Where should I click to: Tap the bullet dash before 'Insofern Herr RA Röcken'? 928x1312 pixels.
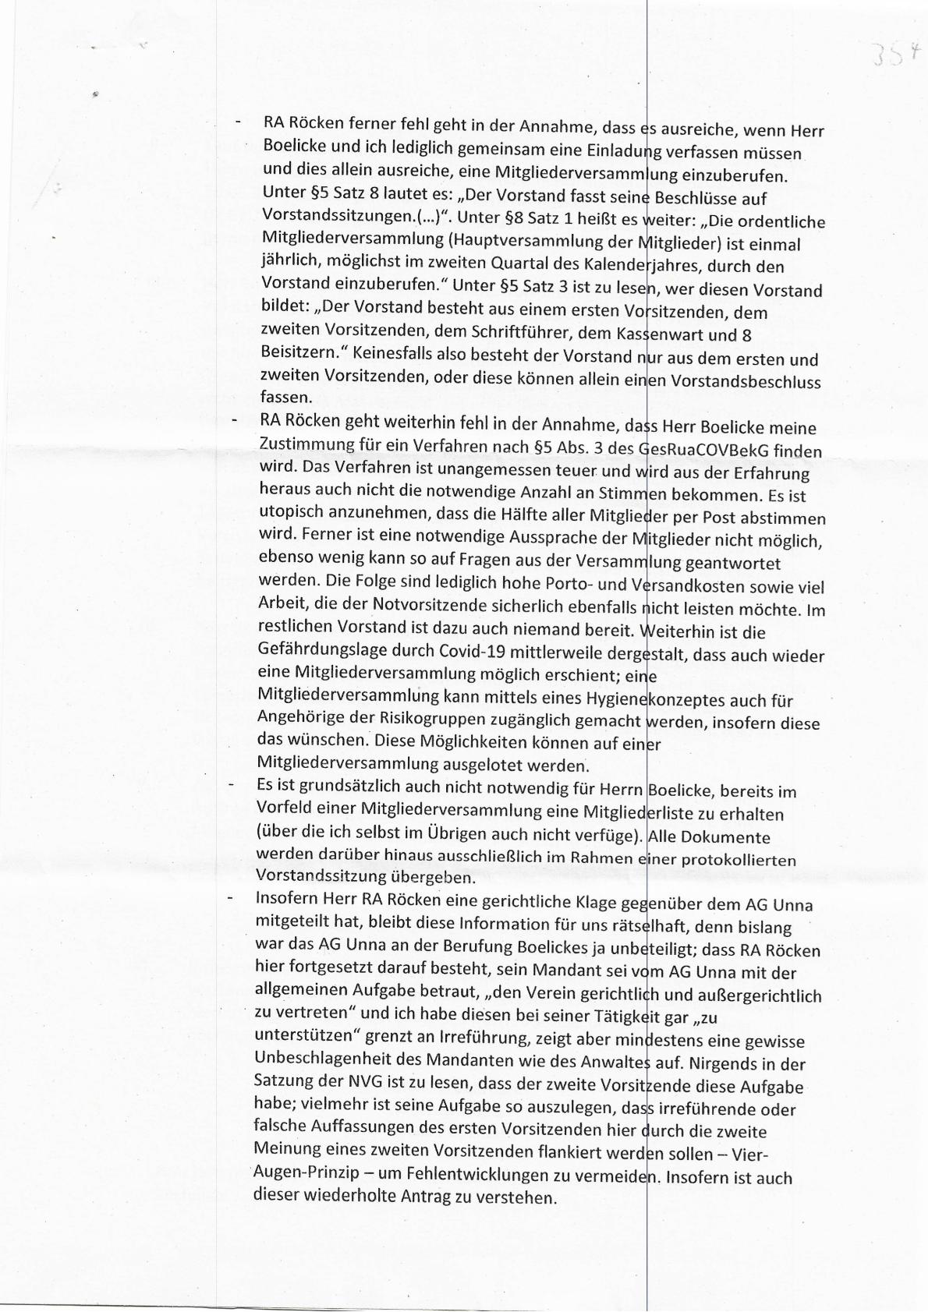230,899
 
